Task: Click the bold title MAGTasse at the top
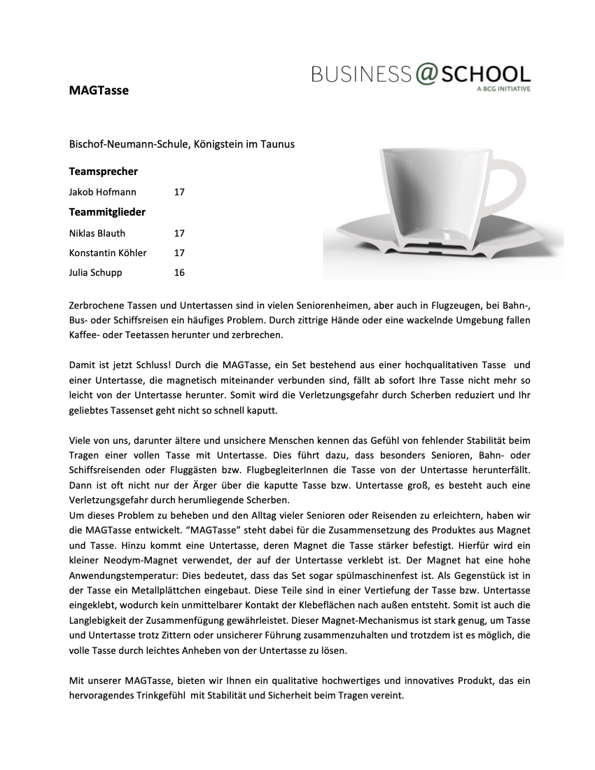99,90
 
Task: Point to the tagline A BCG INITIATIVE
503,90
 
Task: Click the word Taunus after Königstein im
278,144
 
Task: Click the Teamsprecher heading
103,171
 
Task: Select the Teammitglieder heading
107,211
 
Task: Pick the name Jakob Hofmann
103,192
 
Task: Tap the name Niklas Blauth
97,233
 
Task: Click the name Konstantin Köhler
108,253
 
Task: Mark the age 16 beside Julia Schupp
179,272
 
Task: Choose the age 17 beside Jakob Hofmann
179,192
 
